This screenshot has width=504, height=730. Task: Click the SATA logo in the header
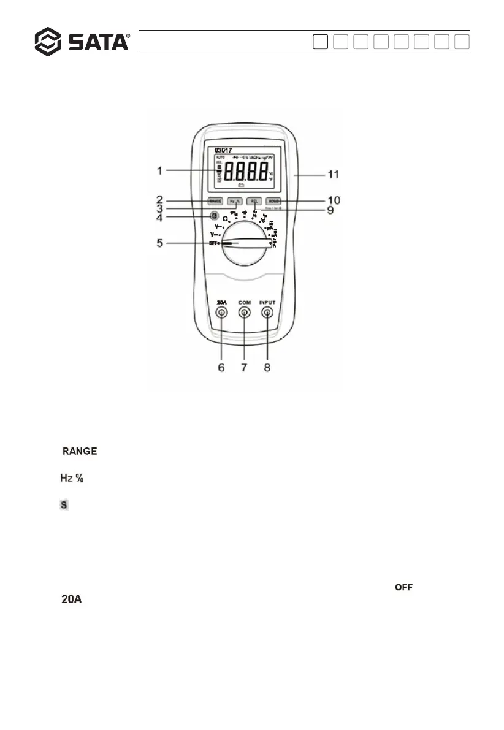82,41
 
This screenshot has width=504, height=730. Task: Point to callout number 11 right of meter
334,175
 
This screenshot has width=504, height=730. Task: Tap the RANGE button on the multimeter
215,200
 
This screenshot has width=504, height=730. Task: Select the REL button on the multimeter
253,200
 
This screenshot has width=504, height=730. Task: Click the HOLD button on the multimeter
273,200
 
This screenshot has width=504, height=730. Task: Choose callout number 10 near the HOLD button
334,200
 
